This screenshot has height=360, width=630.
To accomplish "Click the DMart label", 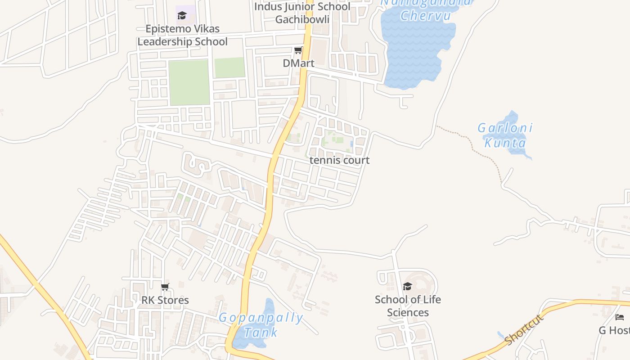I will (298, 63).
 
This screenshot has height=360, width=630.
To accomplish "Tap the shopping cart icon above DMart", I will (298, 50).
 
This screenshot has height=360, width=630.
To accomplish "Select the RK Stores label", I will (165, 300).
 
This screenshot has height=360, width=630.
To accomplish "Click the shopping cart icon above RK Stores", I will (165, 287).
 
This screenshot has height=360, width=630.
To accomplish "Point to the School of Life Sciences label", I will (408, 306).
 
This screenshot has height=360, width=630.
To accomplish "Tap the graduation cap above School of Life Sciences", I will (407, 286).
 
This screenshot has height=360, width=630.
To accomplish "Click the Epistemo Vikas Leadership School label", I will (182, 35).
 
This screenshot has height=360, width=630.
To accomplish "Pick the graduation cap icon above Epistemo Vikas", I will (182, 16).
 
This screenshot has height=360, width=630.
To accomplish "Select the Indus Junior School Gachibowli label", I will (302, 13).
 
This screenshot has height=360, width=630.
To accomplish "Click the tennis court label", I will (339, 160).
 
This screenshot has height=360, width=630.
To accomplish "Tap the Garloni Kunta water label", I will (505, 135).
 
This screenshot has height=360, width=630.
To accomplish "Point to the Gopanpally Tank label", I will (261, 325).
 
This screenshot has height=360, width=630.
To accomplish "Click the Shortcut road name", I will (524, 329).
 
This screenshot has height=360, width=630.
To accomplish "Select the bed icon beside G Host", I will (620, 317).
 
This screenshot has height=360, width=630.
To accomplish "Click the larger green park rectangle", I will (189, 82).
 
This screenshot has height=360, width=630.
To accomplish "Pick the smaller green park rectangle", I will (229, 67).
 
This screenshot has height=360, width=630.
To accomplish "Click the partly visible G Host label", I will (614, 331).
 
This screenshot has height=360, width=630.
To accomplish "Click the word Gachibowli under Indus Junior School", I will (302, 19).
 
